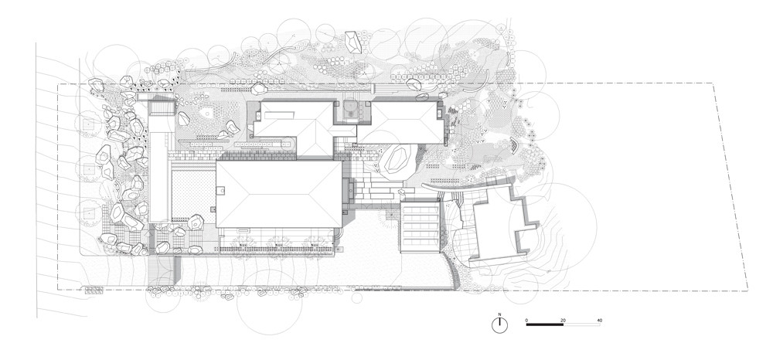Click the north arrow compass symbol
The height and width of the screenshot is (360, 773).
click(500, 324)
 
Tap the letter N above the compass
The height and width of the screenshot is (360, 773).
click(500, 314)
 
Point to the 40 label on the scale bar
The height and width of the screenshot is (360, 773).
click(599, 321)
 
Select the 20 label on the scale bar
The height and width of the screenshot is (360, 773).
click(563, 321)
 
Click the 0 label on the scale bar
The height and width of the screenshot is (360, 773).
click(526, 321)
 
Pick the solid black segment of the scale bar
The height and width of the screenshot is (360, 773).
click(545, 324)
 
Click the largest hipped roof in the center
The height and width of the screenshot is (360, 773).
click(279, 194)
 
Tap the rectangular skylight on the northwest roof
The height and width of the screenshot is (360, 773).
click(279, 115)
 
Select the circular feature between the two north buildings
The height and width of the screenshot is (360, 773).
click(351, 109)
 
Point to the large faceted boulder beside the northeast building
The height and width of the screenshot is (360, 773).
click(397, 159)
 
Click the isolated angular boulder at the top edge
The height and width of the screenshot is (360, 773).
click(353, 42)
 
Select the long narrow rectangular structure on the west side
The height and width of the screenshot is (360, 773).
click(159, 169)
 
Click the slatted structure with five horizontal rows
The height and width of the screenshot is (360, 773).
click(420, 227)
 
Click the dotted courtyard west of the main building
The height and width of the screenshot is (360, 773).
click(193, 194)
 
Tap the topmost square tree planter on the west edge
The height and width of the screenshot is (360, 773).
click(88, 124)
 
